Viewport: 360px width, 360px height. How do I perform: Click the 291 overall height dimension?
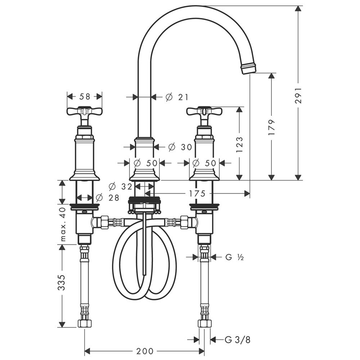(298, 95)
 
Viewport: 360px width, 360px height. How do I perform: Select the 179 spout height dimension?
(271, 127)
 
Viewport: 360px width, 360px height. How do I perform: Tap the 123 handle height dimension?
(239, 145)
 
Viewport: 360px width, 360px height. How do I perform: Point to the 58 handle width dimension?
(85, 96)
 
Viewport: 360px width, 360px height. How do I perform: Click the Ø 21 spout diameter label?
(176, 97)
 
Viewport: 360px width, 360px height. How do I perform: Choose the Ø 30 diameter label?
(180, 147)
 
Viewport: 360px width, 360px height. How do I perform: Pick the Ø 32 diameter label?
(120, 186)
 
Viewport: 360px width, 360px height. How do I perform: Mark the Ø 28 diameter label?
(107, 197)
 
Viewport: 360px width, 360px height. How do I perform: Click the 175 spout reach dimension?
(197, 194)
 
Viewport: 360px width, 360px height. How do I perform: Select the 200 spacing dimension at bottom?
(145, 351)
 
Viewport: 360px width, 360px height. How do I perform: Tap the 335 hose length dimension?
(62, 282)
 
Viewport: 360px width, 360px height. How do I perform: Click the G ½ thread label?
(234, 257)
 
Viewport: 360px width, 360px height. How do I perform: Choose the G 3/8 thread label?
(237, 339)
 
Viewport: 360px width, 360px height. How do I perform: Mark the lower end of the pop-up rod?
(144, 274)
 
